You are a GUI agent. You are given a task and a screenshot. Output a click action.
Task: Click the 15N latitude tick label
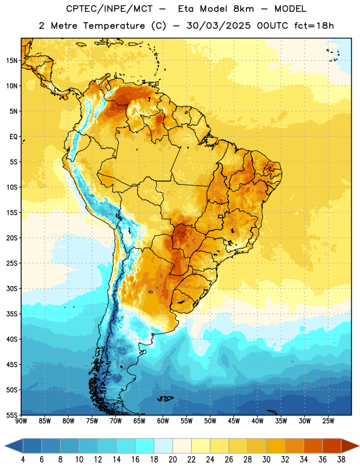[12, 61]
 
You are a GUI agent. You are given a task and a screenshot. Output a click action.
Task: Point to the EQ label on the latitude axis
[13, 137]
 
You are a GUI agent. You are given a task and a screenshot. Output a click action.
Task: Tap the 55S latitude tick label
[12, 415]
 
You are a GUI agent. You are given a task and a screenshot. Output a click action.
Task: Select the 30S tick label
[12, 288]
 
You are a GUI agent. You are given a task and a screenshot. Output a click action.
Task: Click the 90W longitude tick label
[21, 421]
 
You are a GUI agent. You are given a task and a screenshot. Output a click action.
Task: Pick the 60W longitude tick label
[163, 421]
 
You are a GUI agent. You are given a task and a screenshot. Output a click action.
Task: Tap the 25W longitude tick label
[328, 421]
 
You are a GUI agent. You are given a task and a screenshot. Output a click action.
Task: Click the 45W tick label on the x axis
[234, 421]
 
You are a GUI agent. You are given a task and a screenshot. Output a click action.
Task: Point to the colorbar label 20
[172, 460]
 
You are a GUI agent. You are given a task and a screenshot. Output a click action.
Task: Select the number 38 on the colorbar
[341, 460]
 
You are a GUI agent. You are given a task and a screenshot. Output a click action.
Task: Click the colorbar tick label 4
[23, 460]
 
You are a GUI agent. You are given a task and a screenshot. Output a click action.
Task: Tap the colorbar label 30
[266, 460]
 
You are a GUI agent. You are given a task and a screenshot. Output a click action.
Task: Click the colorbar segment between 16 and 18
[145, 446]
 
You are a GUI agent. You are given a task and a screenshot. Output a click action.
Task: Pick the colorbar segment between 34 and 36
[313, 446]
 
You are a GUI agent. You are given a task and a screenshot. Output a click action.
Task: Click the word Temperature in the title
[114, 26]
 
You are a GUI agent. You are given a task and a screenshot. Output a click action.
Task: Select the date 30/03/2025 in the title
[219, 26]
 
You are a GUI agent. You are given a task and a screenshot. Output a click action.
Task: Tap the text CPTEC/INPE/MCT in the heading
[109, 9]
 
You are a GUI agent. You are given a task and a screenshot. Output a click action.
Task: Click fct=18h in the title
[314, 26]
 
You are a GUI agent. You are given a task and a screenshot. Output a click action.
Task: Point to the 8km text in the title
[243, 9]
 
